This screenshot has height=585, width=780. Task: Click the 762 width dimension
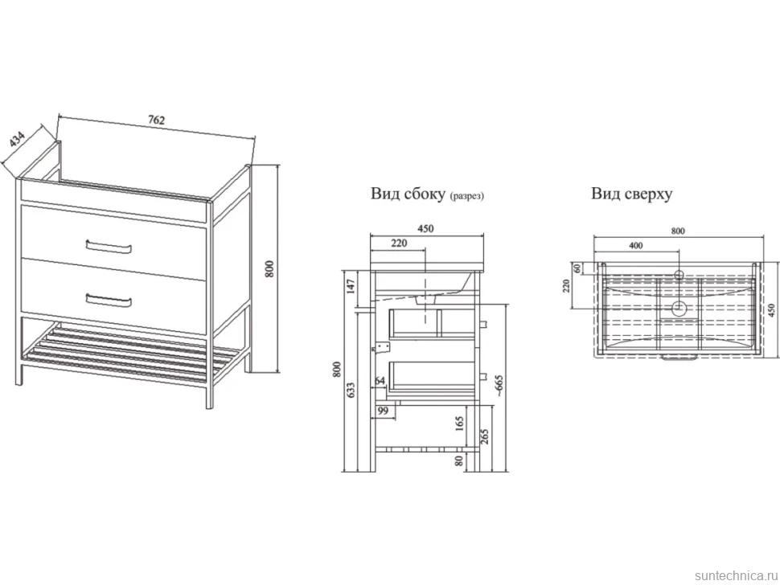(x=156, y=120)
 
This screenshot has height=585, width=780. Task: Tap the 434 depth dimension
(x=17, y=140)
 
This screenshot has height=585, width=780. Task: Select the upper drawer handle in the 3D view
(x=109, y=247)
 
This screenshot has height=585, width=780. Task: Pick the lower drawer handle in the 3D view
(x=109, y=301)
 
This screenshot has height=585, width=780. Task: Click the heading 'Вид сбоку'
(x=408, y=194)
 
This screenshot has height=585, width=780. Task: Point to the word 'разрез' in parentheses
(x=466, y=196)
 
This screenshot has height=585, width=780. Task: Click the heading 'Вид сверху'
(x=632, y=194)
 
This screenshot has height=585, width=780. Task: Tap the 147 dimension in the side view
(x=351, y=287)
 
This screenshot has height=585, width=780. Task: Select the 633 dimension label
(x=351, y=391)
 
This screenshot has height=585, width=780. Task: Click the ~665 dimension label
(x=499, y=387)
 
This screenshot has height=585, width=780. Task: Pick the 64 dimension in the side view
(x=380, y=381)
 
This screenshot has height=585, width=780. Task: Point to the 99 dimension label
(x=383, y=411)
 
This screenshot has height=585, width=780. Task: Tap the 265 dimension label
(x=485, y=436)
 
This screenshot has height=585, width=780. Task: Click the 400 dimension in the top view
(x=636, y=246)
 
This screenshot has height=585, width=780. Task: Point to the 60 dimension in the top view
(x=577, y=268)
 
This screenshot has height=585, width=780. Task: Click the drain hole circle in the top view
(x=679, y=309)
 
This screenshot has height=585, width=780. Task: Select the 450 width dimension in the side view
(x=425, y=229)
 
